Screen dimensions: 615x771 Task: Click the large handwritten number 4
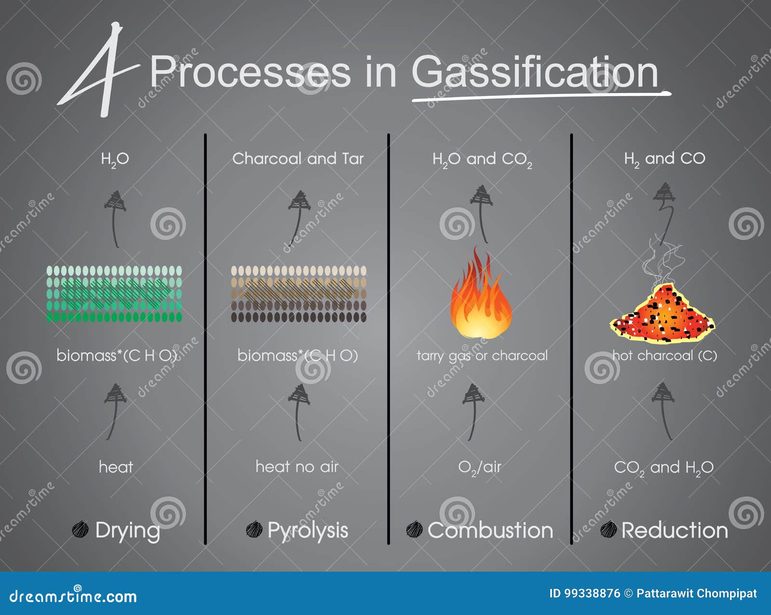coord(99,70)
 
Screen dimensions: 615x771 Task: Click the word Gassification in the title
coord(535,72)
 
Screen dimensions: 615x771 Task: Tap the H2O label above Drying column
coord(115,159)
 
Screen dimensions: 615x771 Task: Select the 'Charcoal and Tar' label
coord(298,159)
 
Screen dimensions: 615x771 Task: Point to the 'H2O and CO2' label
coord(482,160)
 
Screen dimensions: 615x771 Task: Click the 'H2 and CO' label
coord(665,159)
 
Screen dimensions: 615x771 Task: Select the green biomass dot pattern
coord(114,294)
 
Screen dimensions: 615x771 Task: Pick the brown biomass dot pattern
coord(298,294)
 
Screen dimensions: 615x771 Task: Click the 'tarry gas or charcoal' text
coord(482,356)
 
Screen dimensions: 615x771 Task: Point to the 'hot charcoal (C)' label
coord(665,356)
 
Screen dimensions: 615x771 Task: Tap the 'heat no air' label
coord(297,467)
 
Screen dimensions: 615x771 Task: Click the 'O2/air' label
coord(479,467)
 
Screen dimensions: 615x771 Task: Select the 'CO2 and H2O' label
coord(664,468)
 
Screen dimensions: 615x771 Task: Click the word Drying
coord(127,530)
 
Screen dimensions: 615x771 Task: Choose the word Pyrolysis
coord(307,530)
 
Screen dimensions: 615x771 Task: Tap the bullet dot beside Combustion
coord(414,529)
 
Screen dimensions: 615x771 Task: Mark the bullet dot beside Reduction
coord(609,529)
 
